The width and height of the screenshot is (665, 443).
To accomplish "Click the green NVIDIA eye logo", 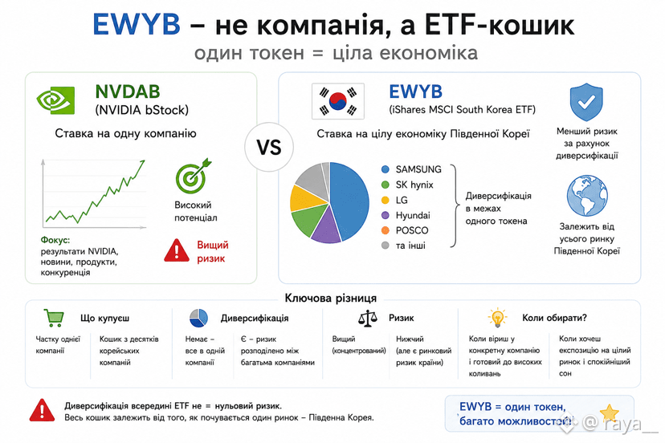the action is click(55, 100).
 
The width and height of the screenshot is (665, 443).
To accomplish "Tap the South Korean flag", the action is click(338, 101).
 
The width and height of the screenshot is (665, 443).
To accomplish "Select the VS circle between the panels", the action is click(269, 147).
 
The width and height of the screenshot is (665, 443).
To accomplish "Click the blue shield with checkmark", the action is click(586, 102).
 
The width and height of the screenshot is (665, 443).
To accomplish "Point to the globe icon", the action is click(587, 196).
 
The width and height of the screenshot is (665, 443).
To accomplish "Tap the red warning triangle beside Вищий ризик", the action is click(177, 250).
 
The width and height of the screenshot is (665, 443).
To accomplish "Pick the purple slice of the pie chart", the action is click(326, 227).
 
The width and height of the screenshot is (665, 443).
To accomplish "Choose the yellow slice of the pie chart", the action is click(306, 198).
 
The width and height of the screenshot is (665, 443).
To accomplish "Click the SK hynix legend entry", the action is click(407, 185).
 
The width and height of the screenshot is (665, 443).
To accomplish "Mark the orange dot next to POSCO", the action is click(385, 230).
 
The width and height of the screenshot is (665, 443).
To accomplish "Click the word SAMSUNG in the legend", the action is click(418, 169).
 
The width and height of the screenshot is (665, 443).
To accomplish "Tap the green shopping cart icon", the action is click(54, 318).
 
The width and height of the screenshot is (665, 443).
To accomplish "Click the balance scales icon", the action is click(367, 318).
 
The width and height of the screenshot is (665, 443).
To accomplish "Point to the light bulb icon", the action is click(497, 318).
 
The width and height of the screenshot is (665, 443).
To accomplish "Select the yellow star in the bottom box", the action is click(610, 413).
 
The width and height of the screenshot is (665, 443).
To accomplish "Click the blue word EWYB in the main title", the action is click(137, 24).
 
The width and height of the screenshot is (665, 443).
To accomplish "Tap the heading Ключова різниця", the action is click(330, 298).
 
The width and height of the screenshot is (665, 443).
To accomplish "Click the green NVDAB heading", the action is click(127, 91).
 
